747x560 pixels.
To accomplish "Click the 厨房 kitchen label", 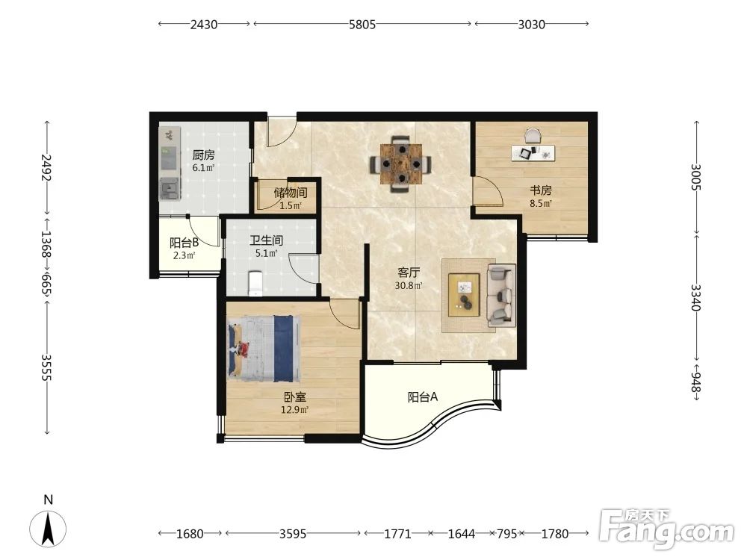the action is (203, 155).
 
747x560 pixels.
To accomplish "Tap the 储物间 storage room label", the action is (290, 193).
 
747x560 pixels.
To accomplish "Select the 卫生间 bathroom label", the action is (267, 240).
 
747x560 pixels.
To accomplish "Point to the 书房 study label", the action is (541, 190).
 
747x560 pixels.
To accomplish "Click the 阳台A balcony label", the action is (423, 396).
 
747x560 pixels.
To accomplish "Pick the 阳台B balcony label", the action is (184, 243).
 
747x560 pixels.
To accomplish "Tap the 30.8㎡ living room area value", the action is (409, 286).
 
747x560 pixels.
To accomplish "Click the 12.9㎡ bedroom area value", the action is (295, 409).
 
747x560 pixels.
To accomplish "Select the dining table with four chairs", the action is (402, 164).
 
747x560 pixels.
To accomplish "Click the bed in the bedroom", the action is (264, 349).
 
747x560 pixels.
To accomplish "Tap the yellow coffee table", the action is (464, 294).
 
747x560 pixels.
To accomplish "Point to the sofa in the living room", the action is (501, 295).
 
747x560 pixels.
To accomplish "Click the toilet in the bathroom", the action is (255, 283).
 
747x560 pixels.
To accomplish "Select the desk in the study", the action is (533, 153).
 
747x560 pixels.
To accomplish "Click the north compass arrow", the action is (48, 528).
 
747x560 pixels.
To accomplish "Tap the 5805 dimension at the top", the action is (362, 25).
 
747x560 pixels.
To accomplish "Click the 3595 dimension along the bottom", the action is (293, 534).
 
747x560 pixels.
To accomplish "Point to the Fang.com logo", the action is (666, 529).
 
